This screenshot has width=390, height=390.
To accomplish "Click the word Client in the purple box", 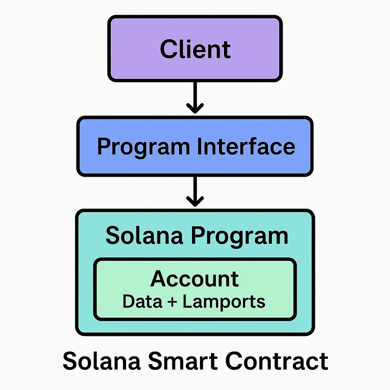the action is [195, 49].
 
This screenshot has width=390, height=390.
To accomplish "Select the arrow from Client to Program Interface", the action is [195, 97].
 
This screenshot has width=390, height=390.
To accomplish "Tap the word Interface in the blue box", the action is [246, 146].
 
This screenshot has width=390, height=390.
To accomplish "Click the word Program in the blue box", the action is [144, 148].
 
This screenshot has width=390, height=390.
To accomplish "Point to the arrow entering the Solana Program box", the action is [195, 192].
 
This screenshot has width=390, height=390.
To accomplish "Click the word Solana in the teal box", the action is [144, 235].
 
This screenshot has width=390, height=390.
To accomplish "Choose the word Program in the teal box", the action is [240, 237].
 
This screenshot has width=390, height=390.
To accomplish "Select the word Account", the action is [195, 278].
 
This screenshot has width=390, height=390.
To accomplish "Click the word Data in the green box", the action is [142, 301].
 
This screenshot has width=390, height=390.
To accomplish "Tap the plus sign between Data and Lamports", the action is [172, 302].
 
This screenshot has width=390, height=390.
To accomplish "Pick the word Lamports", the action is [224, 302].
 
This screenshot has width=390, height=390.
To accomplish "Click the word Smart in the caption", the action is [183, 361].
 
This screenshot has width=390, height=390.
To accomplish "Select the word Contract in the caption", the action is [277, 361].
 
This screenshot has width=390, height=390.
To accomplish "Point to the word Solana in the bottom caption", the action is [101, 361].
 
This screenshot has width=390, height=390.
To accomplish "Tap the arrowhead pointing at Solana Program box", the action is [195, 201].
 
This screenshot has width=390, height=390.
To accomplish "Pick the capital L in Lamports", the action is [188, 301].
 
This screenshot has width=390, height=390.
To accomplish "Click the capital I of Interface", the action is [200, 146].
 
